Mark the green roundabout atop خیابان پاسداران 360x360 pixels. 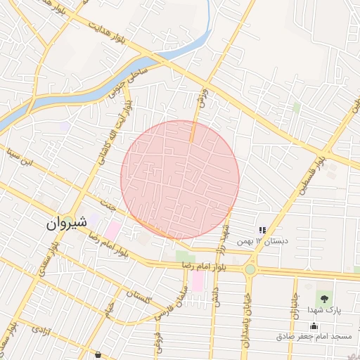[x=250, y=269]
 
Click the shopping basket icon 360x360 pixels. [x=97, y=355]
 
